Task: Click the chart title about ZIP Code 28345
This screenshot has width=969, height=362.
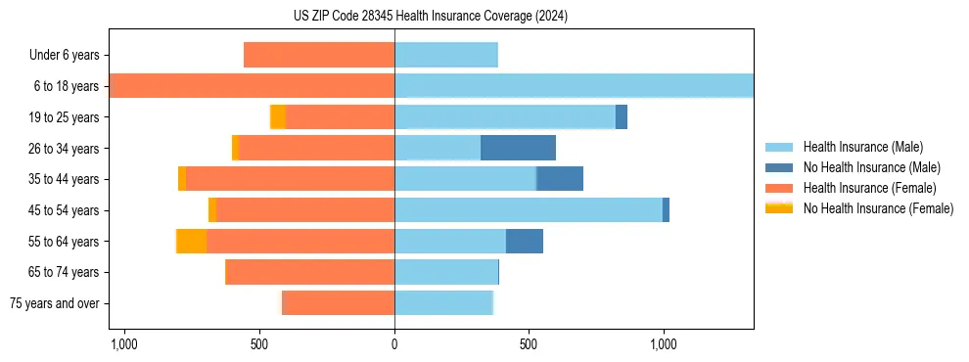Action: click(x=430, y=17)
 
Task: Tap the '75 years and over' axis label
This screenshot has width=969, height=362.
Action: click(x=55, y=303)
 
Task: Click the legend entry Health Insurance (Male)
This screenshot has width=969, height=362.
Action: click(x=861, y=147)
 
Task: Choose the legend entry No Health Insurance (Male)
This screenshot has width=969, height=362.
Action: click(x=871, y=167)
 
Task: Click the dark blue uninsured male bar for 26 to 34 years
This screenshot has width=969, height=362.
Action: click(x=518, y=148)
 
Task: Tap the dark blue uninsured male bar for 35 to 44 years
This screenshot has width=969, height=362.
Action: click(x=560, y=179)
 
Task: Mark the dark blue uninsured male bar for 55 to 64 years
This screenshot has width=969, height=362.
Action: click(x=524, y=241)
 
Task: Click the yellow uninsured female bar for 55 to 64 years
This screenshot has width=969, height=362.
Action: click(x=191, y=241)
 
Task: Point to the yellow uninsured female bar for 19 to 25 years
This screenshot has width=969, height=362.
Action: click(x=278, y=117)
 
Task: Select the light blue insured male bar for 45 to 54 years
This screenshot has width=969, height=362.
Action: click(x=529, y=210)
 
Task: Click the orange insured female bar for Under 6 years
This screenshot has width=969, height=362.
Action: click(x=319, y=55)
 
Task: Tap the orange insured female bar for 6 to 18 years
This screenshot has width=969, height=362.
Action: click(x=253, y=86)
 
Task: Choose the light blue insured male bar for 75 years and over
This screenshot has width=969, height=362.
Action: click(x=443, y=303)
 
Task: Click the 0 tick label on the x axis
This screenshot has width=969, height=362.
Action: click(x=394, y=344)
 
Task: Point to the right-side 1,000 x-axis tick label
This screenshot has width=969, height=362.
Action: click(x=664, y=344)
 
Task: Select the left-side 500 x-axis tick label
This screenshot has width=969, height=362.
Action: click(x=259, y=344)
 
